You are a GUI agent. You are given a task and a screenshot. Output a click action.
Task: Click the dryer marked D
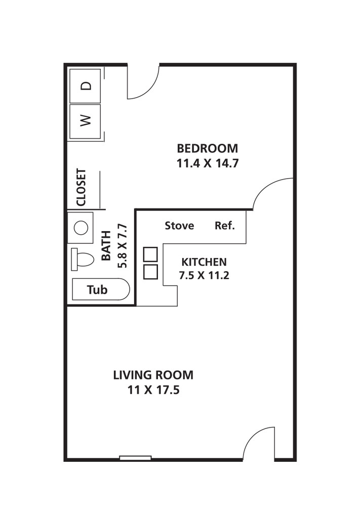tap(85, 86)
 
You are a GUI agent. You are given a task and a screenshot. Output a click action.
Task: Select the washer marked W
tap(85, 121)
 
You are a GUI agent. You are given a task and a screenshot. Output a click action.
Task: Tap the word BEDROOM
tap(207, 148)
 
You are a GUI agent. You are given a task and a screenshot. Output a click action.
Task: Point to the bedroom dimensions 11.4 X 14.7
tap(208, 163)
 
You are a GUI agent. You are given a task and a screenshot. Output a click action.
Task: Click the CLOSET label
tap(82, 187)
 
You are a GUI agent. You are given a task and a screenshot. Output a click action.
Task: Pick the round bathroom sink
tap(81, 228)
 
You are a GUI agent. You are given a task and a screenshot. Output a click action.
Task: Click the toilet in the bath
tap(83, 259)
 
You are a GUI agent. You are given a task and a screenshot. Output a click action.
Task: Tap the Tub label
tap(97, 290)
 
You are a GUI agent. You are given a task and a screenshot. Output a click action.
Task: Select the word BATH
tap(106, 245)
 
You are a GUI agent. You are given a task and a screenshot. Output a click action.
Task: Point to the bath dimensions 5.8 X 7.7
tap(123, 245)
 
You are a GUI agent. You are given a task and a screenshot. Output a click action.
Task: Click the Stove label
tap(179, 226)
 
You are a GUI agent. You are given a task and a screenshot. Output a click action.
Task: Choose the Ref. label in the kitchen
tap(225, 226)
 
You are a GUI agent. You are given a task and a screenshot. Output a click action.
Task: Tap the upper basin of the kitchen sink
tap(150, 254)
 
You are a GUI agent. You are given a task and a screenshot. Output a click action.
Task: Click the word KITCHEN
tap(204, 262)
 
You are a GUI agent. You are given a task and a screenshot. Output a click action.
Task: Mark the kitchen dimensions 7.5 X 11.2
tap(204, 275)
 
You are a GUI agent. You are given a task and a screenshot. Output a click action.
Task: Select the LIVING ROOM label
tap(153, 375)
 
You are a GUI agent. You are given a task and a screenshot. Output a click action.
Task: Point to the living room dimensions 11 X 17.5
tap(153, 390)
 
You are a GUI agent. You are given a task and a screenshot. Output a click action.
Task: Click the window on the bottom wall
tap(136, 458)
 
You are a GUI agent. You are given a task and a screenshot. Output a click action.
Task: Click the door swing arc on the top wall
tap(151, 89)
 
